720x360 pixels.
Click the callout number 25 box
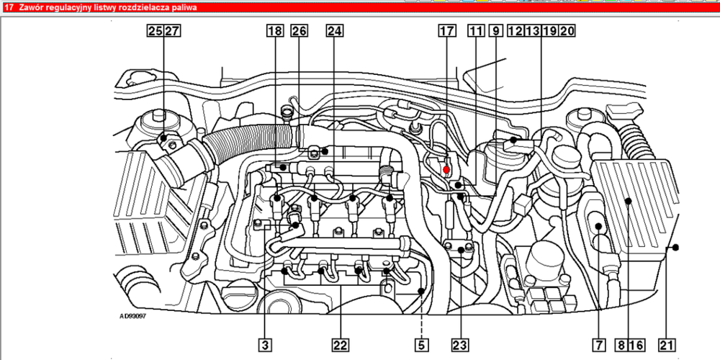point(156,31)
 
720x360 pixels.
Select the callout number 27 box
point(172,31)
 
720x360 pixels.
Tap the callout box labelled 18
point(274,31)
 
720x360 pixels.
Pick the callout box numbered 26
point(300,31)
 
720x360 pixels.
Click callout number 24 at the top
point(335,31)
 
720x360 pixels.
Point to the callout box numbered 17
point(447,31)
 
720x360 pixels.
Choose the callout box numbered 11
point(476,31)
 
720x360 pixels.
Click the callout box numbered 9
point(496,31)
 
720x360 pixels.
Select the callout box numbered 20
point(567,31)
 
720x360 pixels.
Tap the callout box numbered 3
point(264,344)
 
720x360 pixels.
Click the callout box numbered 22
point(341,344)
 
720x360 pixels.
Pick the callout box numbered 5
point(421,344)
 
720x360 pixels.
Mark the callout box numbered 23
point(460,344)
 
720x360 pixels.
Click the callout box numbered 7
point(599,344)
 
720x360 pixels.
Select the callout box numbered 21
point(667,344)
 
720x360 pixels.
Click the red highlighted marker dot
point(446,170)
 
